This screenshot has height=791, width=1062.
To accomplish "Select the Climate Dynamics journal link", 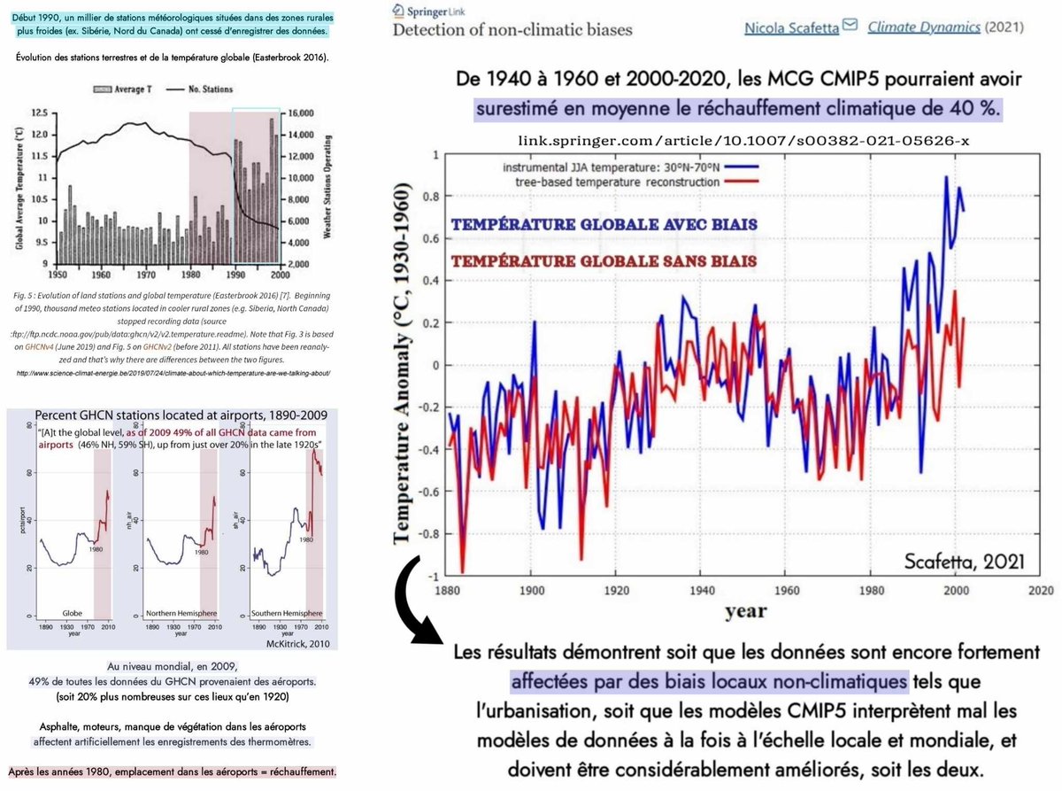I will [924, 27].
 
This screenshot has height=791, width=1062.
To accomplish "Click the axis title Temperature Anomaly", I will [405, 364].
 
